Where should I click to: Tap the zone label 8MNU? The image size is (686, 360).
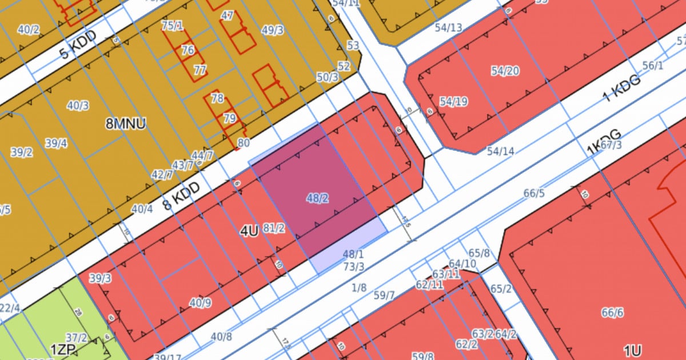pyautogui.click(x=126, y=123)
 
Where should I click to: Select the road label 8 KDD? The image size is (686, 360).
pyautogui.click(x=181, y=196)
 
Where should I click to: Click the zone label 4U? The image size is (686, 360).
pyautogui.click(x=249, y=231)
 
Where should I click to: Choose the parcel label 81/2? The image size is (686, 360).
pyautogui.click(x=274, y=229)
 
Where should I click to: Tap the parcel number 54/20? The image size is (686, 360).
pyautogui.click(x=505, y=71)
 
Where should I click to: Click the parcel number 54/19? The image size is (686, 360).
pyautogui.click(x=453, y=102)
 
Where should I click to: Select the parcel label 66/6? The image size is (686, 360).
pyautogui.click(x=612, y=313)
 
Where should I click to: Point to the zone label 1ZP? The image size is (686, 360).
pyautogui.click(x=62, y=349)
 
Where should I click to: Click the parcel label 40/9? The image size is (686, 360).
pyautogui.click(x=200, y=303)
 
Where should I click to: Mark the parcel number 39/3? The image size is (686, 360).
pyautogui.click(x=100, y=278)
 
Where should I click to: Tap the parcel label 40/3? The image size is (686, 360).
pyautogui.click(x=78, y=106)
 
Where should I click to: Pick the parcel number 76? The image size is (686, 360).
pyautogui.click(x=188, y=50)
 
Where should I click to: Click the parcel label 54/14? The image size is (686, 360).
pyautogui.click(x=500, y=151)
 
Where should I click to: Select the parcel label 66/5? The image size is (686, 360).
pyautogui.click(x=534, y=194)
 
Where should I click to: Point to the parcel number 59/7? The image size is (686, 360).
pyautogui.click(x=384, y=295)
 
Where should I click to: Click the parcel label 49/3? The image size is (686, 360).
pyautogui.click(x=272, y=30)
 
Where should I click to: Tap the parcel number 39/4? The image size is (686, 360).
pyautogui.click(x=56, y=143)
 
